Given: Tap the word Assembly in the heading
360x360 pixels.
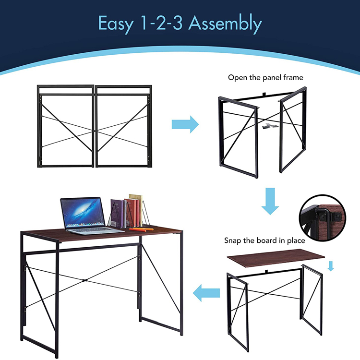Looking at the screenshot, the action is [225, 24].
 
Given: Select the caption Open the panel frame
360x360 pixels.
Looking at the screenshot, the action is [265, 78].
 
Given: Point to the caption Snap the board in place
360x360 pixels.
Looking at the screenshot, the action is [264, 240].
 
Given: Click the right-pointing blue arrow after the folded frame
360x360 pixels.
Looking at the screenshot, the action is [185, 124].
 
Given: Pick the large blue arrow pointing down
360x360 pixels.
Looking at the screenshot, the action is [270, 201].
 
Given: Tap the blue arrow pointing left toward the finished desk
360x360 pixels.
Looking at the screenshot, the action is [206, 293].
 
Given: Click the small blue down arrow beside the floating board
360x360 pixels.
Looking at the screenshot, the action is [331, 266].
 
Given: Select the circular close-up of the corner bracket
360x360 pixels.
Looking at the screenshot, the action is [323, 218].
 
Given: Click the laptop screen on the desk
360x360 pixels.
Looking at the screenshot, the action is [83, 213].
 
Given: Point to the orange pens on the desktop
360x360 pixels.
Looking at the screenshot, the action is [141, 229].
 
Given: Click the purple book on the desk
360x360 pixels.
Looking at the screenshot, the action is [117, 213].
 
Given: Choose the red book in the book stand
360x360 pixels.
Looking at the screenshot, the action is [132, 213].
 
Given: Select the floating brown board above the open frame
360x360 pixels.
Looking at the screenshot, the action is [276, 258].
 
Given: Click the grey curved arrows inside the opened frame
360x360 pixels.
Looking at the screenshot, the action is [270, 126].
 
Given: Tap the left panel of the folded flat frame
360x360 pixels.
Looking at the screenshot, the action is [66, 126].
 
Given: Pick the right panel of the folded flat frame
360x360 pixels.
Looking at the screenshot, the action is [123, 126].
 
